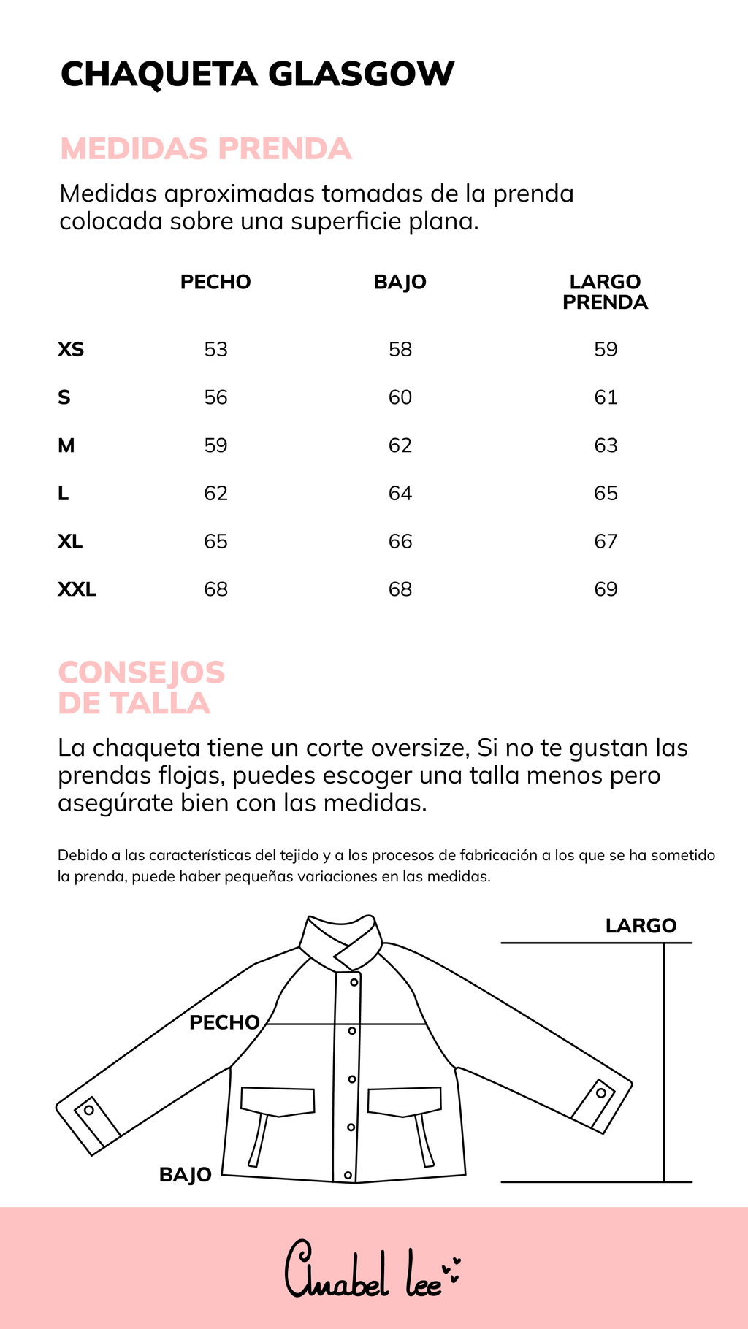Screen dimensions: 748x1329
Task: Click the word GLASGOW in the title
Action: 362,74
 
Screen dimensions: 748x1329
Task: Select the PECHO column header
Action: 215,282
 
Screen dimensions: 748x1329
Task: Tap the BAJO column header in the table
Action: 400,282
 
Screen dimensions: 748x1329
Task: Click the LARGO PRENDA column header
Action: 605,292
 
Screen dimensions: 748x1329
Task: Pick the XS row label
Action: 71,350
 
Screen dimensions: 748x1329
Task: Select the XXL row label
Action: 77,589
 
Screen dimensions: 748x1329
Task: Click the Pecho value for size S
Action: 215,397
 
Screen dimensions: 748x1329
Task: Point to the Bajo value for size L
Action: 400,494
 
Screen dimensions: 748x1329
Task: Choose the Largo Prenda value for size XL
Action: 606,542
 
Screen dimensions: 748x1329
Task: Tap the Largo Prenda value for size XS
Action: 606,350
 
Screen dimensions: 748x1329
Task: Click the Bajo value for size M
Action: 400,445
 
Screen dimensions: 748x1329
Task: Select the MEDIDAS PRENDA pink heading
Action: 205,149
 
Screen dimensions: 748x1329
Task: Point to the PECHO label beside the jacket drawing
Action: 224,1022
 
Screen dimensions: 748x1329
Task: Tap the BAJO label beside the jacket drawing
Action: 186,1175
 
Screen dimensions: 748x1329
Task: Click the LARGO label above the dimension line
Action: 641,926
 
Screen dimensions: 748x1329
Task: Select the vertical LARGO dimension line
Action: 664,1062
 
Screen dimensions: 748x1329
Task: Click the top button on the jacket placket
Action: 354,982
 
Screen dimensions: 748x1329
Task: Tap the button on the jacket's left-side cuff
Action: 89,1110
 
